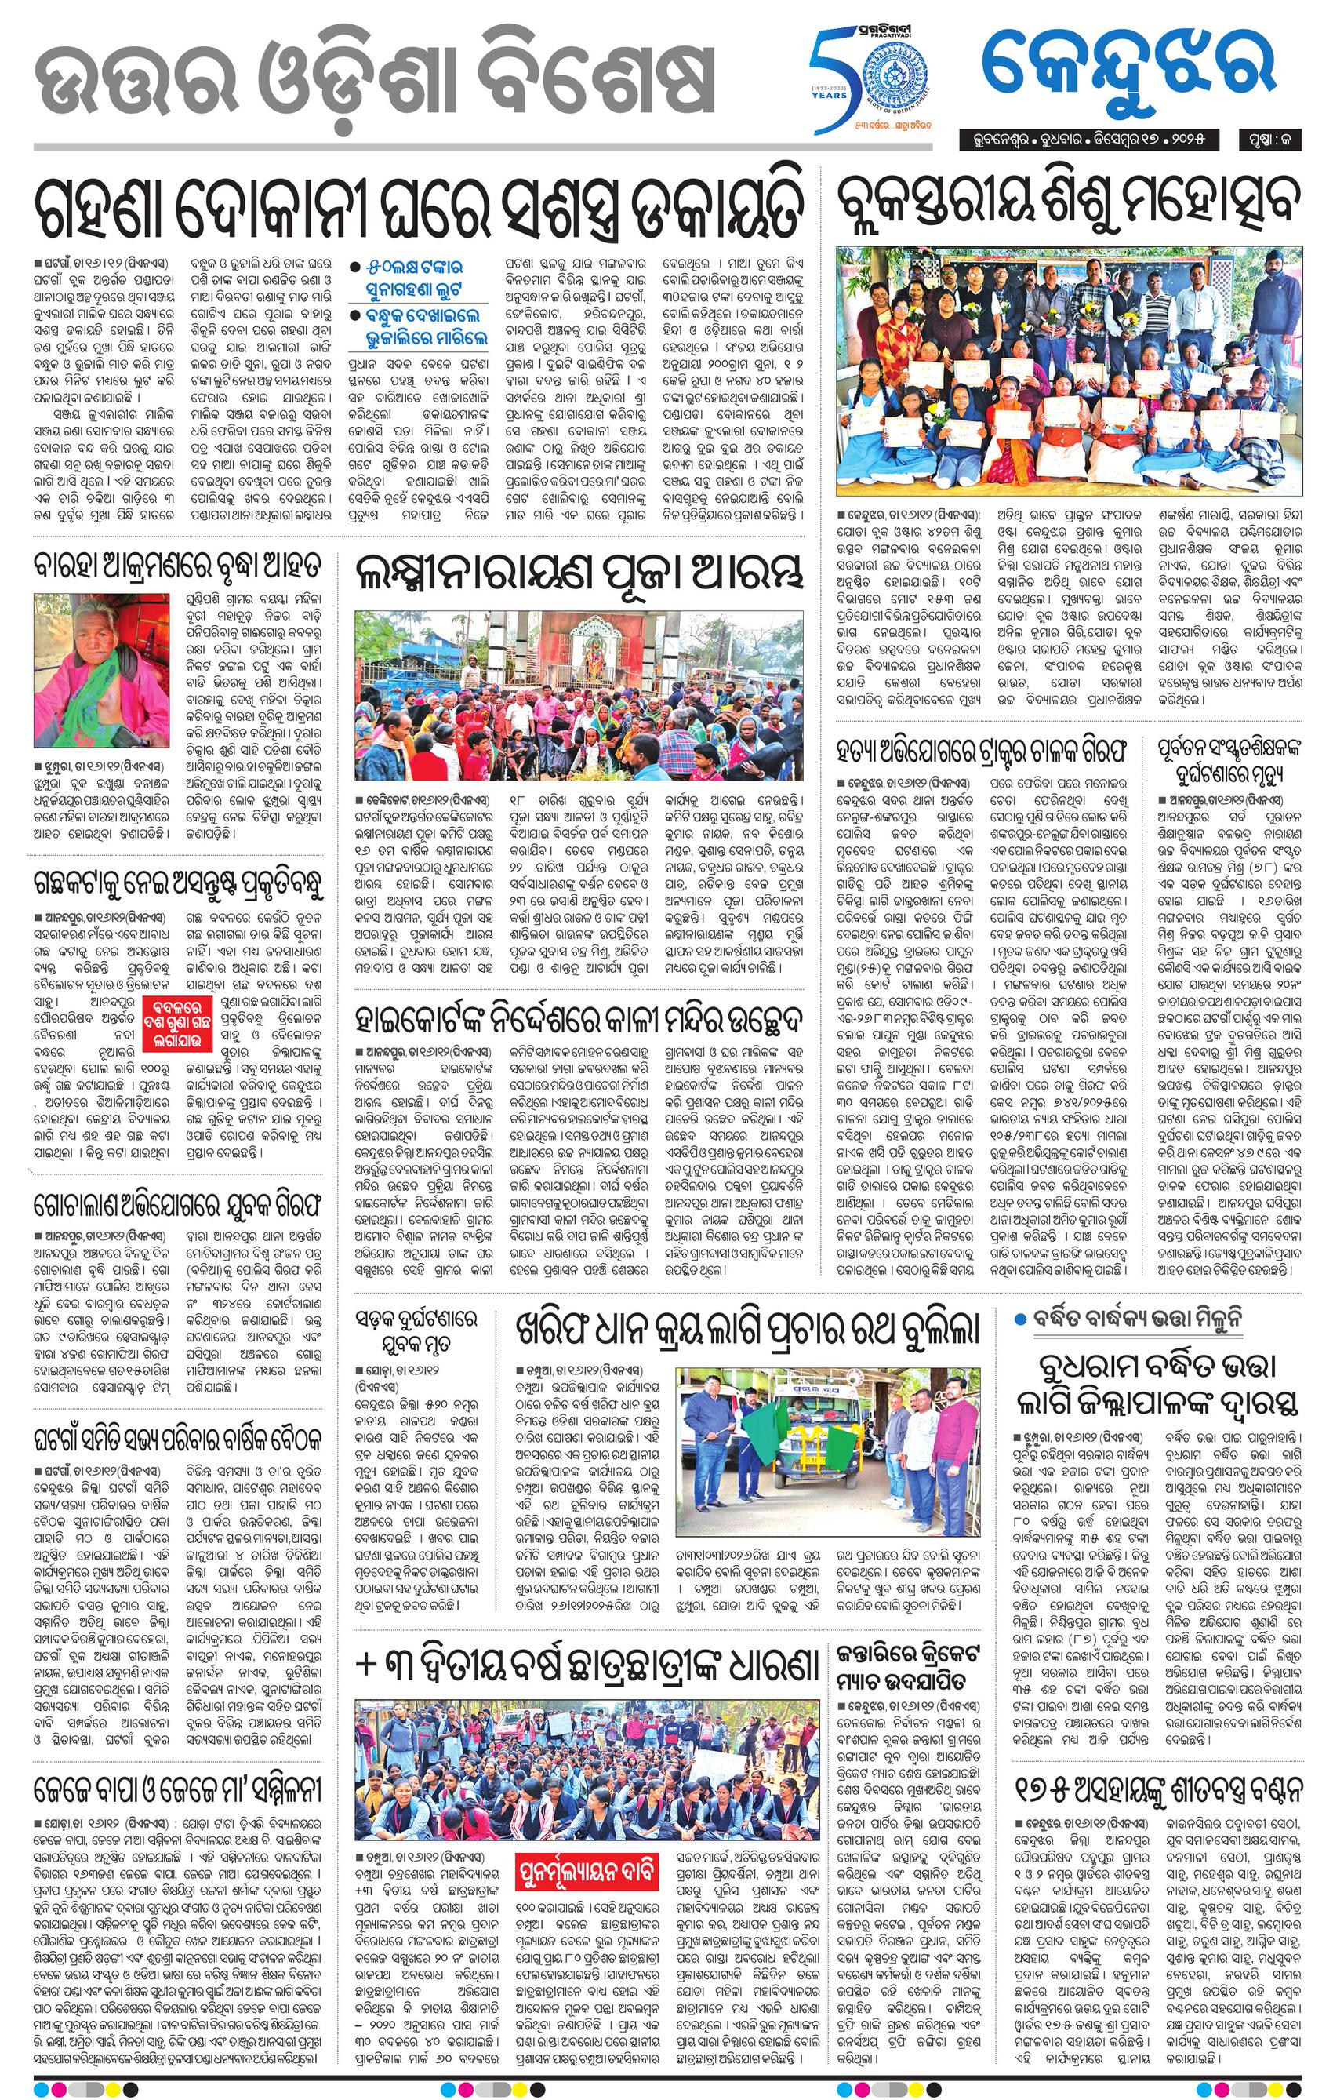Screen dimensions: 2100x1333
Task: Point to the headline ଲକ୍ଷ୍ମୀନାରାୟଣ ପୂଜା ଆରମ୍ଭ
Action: click(577, 574)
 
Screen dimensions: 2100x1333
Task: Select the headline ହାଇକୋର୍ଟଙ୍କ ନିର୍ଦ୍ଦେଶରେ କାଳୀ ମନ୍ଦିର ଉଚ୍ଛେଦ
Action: click(579, 1017)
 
